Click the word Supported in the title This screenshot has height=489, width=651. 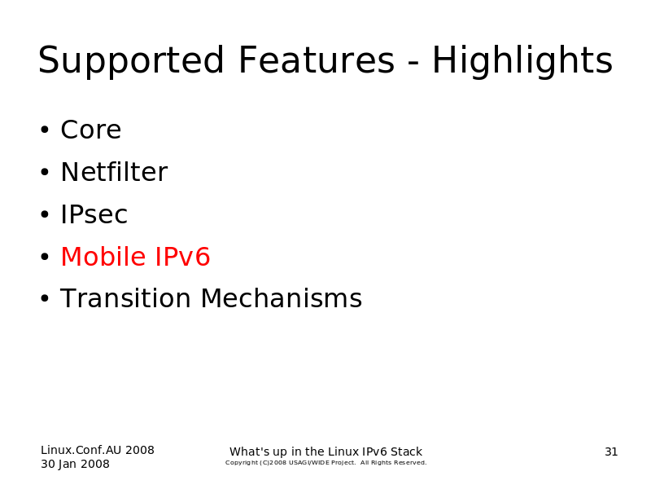[x=131, y=60]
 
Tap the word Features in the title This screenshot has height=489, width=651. [x=317, y=59]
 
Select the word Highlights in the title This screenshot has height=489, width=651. [x=522, y=60]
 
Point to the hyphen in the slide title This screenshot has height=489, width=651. [x=413, y=64]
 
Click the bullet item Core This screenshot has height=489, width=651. [x=91, y=130]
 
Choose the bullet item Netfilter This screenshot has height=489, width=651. [x=114, y=172]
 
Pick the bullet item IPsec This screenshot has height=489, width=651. [x=94, y=214]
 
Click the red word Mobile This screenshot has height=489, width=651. [x=103, y=256]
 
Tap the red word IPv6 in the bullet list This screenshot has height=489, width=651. [x=182, y=257]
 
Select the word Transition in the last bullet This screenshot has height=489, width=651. [x=126, y=298]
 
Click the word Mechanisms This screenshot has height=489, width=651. [x=282, y=298]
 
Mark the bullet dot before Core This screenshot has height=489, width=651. [x=45, y=130]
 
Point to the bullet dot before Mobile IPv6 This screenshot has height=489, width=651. [x=45, y=257]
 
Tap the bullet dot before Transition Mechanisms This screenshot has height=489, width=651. [x=45, y=298]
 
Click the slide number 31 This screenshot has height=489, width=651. [x=611, y=452]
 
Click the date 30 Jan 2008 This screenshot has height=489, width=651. [x=75, y=464]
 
